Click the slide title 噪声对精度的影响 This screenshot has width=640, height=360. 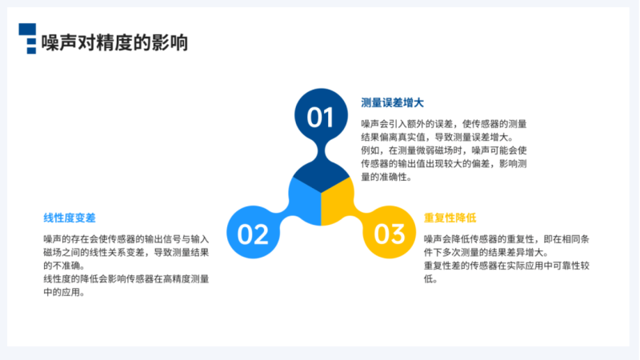coord(114,42)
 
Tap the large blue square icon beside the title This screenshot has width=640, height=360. coord(27,29)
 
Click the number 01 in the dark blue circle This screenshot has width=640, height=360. coord(321,118)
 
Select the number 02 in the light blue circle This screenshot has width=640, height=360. coord(253,234)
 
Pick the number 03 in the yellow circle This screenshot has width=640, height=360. coord(390,234)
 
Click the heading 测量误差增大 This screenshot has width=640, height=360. coord(392,103)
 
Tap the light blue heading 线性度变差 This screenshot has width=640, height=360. coord(70,218)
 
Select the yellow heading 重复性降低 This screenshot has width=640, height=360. coord(450,218)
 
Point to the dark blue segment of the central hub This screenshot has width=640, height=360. coord(322,175)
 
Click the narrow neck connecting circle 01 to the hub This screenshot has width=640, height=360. coord(322,151)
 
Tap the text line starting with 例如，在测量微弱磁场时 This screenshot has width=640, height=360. coord(444,150)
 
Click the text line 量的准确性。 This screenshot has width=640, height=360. coord(386,177)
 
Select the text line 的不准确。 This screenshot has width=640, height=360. coord(64,266)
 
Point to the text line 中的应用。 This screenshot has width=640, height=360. coord(64,292)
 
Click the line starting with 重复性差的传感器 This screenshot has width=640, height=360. coord(506,266)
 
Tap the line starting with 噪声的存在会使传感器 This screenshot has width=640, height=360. coord(126,239)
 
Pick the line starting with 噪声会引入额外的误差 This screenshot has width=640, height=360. coord(444,124)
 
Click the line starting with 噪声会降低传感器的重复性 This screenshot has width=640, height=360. coord(506,239)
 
